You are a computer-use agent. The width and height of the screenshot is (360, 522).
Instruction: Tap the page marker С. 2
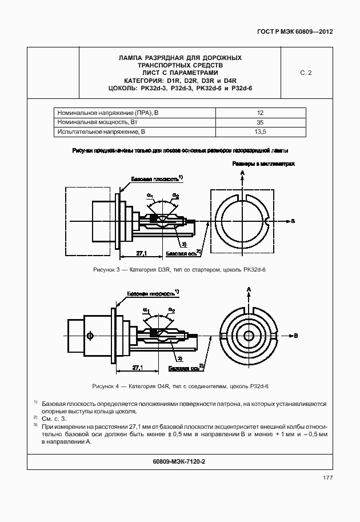point(306,73)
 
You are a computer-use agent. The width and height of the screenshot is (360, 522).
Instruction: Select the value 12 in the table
point(260,113)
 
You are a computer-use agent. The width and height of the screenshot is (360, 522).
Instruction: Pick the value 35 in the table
point(260,122)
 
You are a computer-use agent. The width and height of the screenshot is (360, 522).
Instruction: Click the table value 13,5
point(260,132)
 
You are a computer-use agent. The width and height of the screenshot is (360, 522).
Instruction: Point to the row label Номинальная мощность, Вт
point(98,122)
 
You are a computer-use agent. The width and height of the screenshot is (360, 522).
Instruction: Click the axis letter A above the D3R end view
point(242,172)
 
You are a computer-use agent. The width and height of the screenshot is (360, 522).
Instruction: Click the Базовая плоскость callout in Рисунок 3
point(154,179)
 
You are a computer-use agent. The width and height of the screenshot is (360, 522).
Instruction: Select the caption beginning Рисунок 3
point(179,269)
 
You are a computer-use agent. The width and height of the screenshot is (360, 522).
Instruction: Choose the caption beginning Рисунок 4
point(179,386)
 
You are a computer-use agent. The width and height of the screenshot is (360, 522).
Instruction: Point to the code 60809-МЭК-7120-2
point(179,461)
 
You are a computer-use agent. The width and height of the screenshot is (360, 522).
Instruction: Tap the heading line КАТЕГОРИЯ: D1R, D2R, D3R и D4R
point(179,81)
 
